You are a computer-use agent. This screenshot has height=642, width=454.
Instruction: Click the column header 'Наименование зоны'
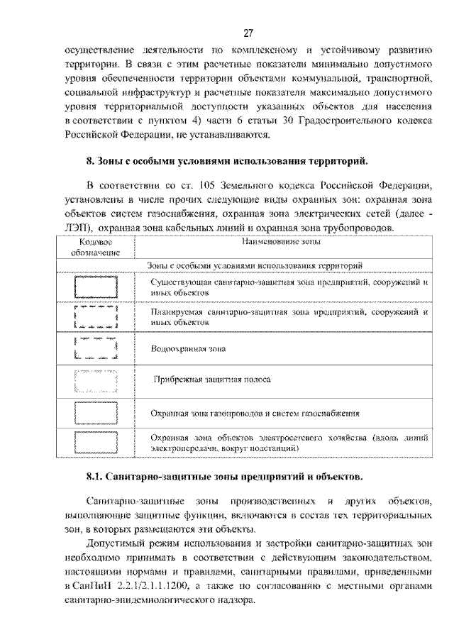(281, 243)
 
